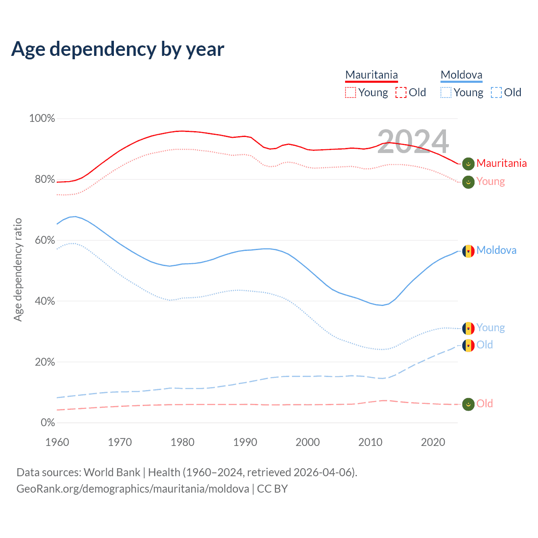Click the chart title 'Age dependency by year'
click(x=118, y=49)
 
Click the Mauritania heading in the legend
click(x=372, y=75)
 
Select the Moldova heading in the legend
click(x=462, y=75)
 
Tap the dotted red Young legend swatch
click(x=351, y=92)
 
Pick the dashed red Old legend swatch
click(x=401, y=92)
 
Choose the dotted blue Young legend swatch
click(x=446, y=92)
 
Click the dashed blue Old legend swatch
click(x=496, y=92)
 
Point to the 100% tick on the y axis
click(x=42, y=119)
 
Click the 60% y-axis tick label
click(x=45, y=240)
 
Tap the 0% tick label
click(x=47, y=423)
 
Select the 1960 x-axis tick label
click(x=57, y=442)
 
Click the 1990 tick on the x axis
click(x=245, y=442)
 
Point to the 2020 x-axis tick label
click(x=433, y=442)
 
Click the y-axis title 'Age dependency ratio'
click(x=18, y=269)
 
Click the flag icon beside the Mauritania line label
click(x=468, y=164)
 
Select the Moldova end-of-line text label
click(x=496, y=251)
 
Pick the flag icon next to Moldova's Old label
click(x=468, y=345)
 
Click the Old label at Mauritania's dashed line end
click(x=485, y=404)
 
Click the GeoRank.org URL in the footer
click(x=133, y=489)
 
